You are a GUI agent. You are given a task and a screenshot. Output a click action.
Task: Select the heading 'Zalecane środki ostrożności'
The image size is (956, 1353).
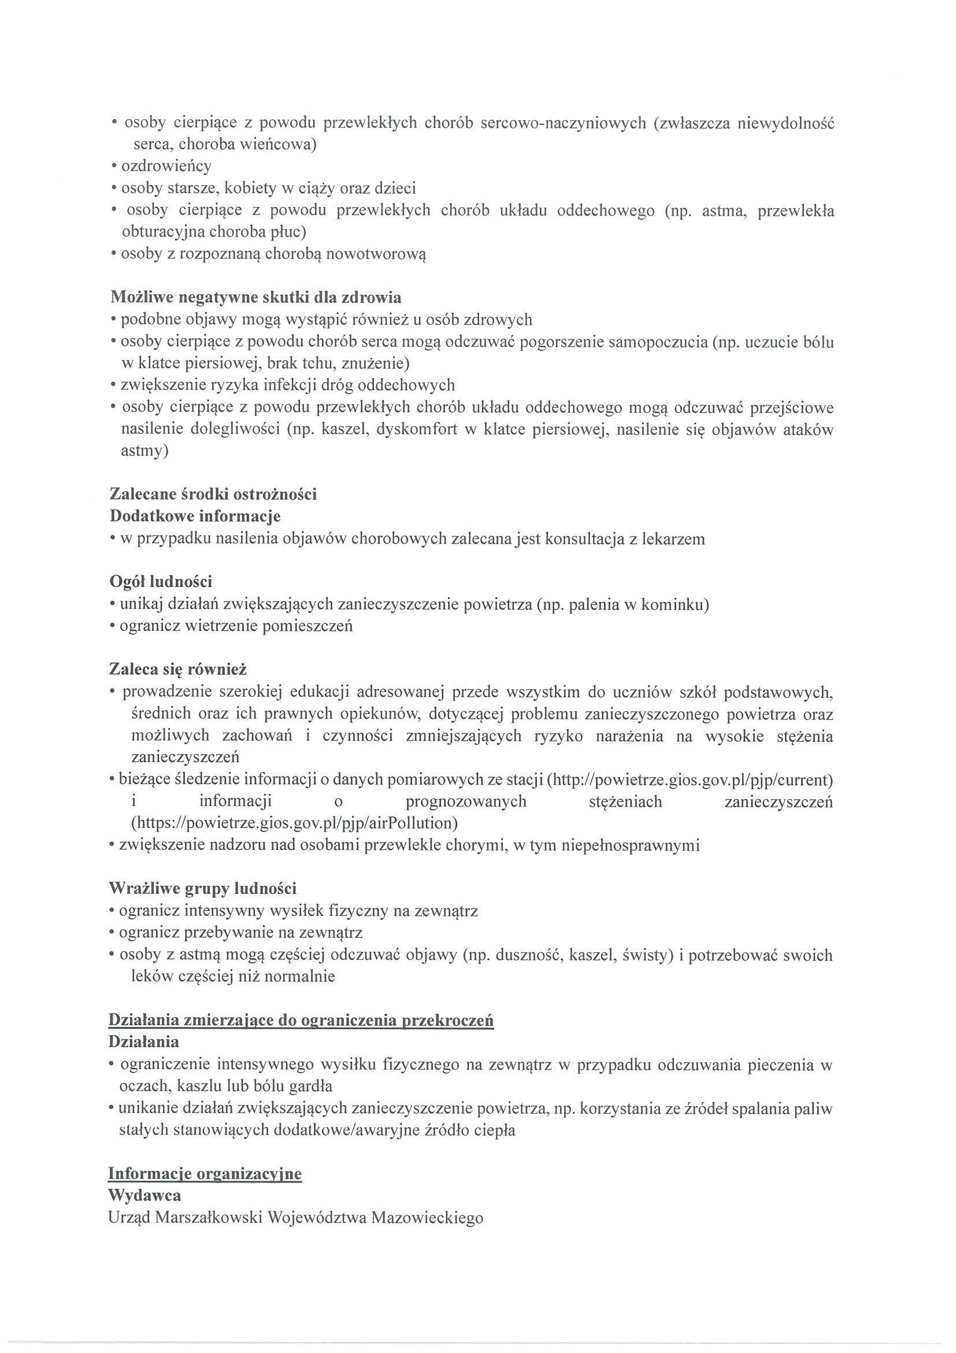(x=213, y=494)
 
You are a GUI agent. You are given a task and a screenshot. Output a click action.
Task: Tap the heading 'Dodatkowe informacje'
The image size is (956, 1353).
(x=195, y=516)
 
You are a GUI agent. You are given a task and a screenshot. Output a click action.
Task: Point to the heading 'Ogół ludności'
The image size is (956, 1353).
(x=161, y=582)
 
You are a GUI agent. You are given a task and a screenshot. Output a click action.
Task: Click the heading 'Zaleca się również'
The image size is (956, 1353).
(x=178, y=669)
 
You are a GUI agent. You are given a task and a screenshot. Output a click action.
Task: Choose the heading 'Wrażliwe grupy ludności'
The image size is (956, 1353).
(x=203, y=888)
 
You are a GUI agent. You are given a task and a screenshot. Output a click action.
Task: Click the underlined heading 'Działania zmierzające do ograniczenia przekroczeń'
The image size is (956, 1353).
(x=301, y=1020)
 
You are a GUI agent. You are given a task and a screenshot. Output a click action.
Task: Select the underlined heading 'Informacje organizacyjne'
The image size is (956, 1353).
(x=205, y=1174)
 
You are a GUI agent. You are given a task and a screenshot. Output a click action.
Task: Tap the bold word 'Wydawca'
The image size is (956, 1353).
(x=145, y=1196)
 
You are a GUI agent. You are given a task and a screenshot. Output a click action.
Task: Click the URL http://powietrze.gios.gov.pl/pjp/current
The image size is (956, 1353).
(x=690, y=780)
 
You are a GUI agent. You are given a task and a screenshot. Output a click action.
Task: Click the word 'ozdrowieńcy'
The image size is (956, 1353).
(x=166, y=166)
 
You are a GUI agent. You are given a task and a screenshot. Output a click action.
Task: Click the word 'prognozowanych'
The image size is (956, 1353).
(x=466, y=801)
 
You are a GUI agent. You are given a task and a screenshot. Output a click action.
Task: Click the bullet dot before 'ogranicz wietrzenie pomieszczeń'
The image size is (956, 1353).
(x=112, y=626)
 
